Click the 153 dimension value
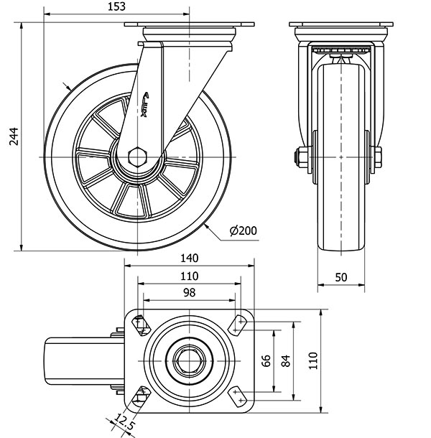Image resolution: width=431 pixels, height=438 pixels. [116, 6]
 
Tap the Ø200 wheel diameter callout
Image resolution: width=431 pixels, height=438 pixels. [243, 230]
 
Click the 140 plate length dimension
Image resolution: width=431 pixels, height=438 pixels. [190, 258]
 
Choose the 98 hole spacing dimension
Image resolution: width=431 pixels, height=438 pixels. [189, 292]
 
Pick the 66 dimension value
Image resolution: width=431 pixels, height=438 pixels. [266, 360]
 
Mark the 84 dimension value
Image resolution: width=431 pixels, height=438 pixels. [286, 360]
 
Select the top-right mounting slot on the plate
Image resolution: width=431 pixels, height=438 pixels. [236, 325]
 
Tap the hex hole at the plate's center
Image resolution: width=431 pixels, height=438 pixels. [190, 359]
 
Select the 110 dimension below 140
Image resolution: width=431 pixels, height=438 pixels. [189, 276]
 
